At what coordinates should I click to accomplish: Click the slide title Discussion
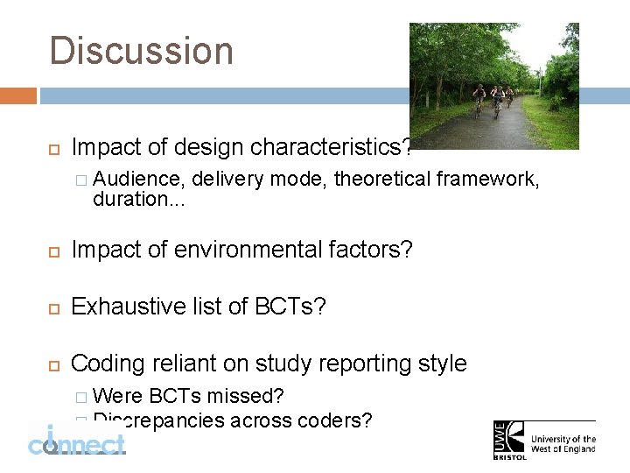click(142, 51)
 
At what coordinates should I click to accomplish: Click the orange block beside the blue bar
click(18, 95)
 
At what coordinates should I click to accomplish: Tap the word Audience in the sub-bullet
click(138, 180)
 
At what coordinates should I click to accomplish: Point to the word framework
click(487, 180)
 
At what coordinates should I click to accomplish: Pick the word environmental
click(249, 250)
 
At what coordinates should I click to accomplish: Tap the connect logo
click(77, 442)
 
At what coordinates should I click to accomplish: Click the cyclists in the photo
click(493, 99)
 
